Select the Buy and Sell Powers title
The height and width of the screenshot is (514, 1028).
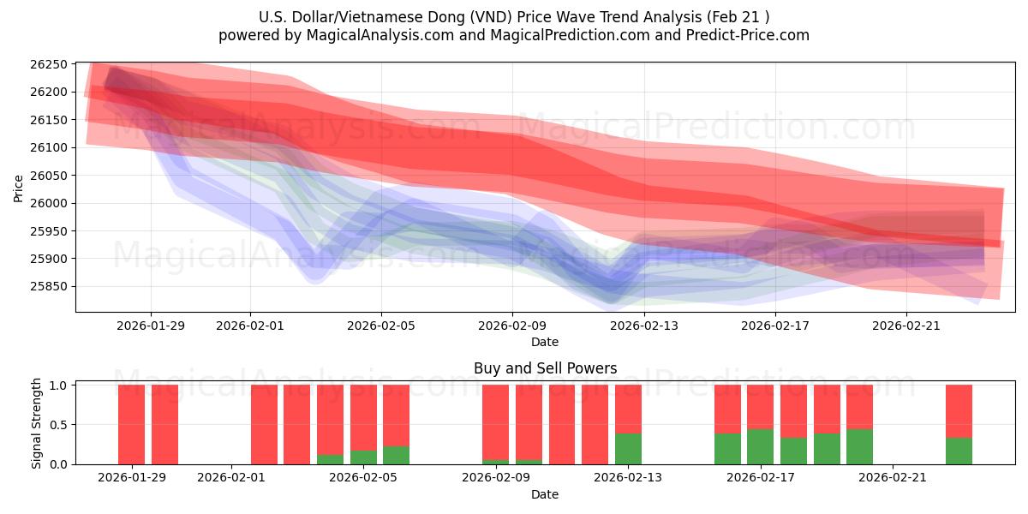pos(545,368)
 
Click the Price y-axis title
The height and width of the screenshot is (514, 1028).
pos(19,188)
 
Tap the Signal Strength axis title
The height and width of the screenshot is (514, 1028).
pos(36,424)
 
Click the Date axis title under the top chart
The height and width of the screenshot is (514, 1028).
pos(545,342)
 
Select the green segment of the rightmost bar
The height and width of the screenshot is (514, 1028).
pos(959,451)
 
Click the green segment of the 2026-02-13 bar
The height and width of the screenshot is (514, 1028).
pos(628,448)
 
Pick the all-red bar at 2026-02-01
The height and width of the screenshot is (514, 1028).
pos(264,424)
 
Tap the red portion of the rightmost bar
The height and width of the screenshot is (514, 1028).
pos(959,411)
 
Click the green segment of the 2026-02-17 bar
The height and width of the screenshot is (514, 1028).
pos(760,446)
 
